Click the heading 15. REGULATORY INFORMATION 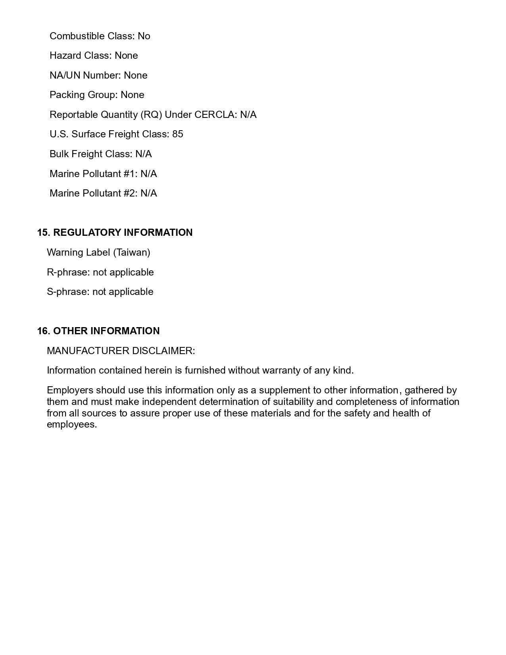click(115, 232)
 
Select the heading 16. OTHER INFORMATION click(98, 331)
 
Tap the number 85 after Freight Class click(178, 134)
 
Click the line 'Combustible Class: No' click(100, 36)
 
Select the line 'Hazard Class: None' click(94, 55)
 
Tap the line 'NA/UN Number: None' click(98, 75)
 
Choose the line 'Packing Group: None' click(97, 94)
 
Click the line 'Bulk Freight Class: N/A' click(100, 154)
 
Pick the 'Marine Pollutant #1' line click(103, 173)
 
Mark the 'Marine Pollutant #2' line click(103, 193)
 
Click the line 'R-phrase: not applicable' click(100, 272)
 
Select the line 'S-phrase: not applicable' click(100, 291)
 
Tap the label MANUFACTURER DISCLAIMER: click(121, 351)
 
